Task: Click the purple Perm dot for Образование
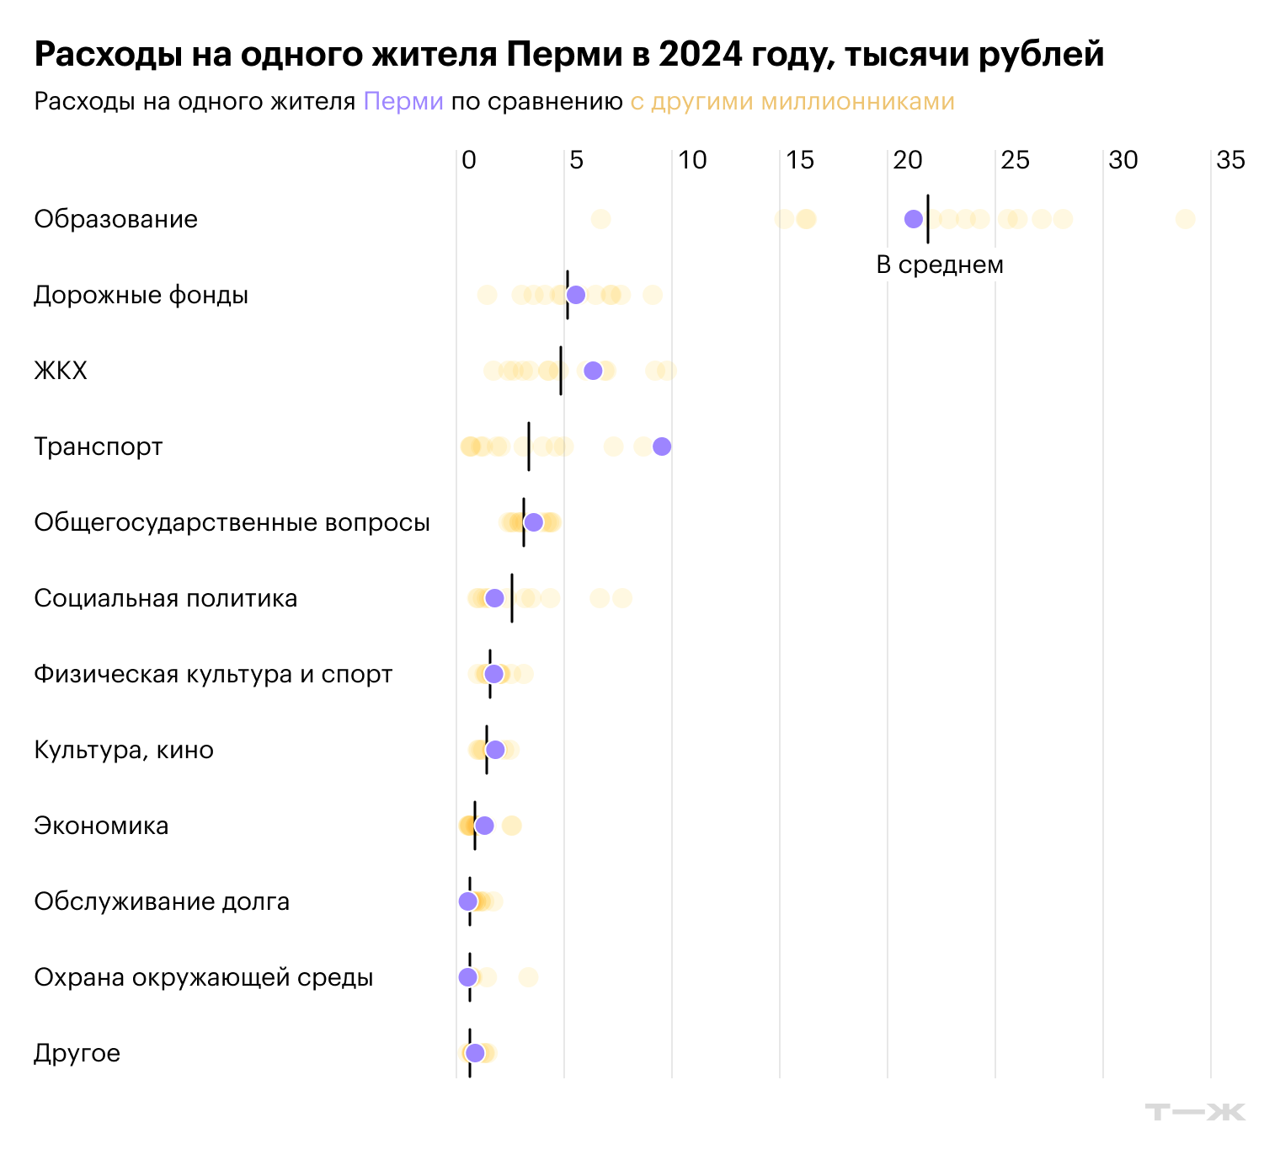point(913,219)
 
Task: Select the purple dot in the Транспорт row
point(662,446)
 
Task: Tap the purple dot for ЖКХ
point(593,371)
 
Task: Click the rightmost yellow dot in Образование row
point(1185,219)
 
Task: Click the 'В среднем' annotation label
point(940,265)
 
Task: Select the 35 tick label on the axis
point(1230,160)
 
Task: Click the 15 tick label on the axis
point(800,160)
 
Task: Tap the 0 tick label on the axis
point(469,160)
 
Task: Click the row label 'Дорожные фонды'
point(141,295)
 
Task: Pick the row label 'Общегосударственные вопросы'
point(232,522)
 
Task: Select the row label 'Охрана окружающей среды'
point(203,977)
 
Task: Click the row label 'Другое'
point(77,1053)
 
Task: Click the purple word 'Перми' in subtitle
point(403,102)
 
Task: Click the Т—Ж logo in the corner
point(1195,1111)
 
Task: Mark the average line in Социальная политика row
point(512,598)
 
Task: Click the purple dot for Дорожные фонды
point(575,295)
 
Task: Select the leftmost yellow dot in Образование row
point(600,219)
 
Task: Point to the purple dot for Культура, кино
point(495,750)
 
